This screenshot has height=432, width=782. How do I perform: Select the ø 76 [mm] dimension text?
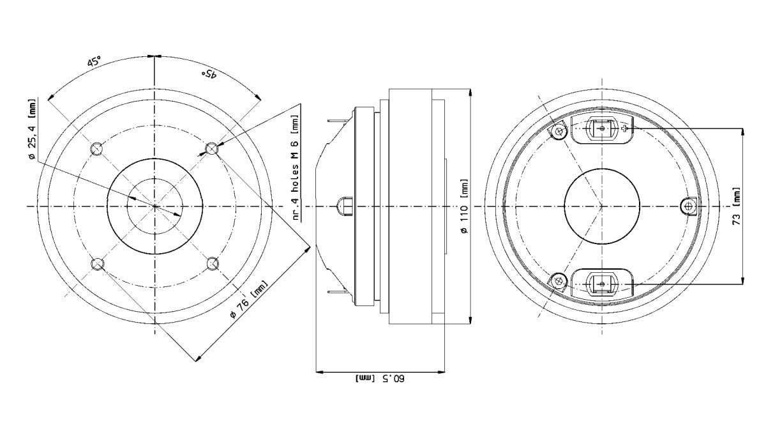coord(249,300)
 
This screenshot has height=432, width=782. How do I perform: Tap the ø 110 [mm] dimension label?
coord(464,206)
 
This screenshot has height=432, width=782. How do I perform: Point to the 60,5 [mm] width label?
coord(380,378)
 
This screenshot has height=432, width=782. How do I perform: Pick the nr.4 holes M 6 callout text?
coord(296,167)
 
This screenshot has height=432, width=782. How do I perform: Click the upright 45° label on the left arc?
coord(94,62)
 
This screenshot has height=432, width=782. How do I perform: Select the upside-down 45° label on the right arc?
coord(209,73)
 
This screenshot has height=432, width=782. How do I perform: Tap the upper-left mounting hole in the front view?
coord(96,149)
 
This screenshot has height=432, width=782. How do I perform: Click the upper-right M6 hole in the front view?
coord(212,149)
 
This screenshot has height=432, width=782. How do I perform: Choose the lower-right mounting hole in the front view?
coord(212,263)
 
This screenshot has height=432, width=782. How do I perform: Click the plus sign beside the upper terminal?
coord(625,129)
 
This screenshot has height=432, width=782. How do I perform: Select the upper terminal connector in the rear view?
coord(601,129)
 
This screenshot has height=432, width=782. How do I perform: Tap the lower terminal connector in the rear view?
coord(601,284)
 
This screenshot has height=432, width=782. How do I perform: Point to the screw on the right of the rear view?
coord(688,206)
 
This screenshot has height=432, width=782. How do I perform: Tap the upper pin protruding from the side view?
coord(337,121)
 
